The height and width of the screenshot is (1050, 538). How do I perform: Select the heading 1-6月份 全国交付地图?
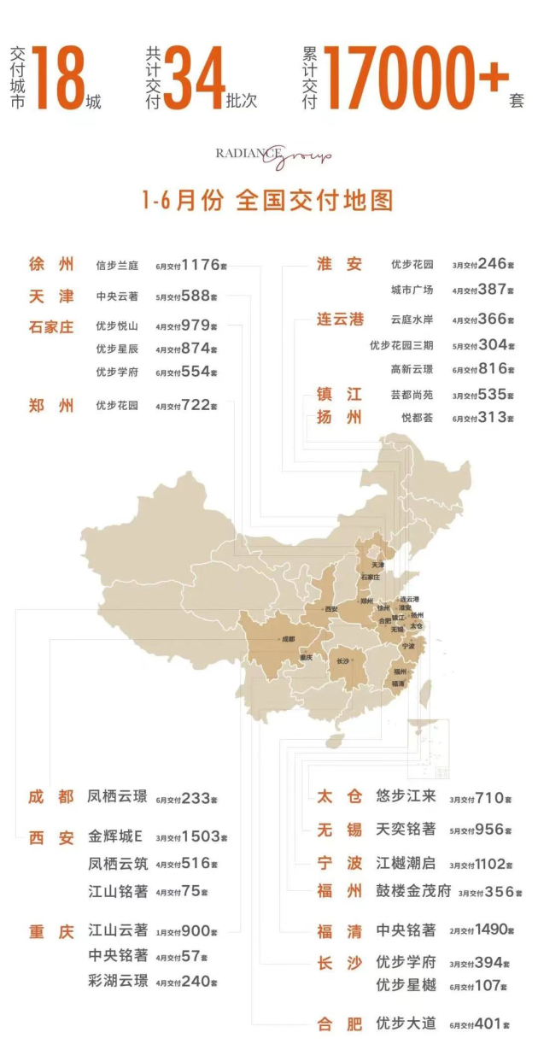[x=268, y=201]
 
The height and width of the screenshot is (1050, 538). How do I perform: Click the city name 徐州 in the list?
[x=51, y=265]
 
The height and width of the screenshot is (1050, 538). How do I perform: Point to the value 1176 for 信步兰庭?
[x=201, y=265]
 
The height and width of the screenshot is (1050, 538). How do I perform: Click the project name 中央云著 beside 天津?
[x=117, y=296]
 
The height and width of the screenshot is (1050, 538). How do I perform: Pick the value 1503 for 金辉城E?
[x=202, y=836]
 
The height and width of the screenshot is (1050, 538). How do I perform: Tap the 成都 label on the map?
[x=286, y=638]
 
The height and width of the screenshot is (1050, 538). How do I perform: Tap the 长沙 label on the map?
[x=343, y=660]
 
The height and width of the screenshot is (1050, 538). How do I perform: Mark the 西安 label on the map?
[x=331, y=609]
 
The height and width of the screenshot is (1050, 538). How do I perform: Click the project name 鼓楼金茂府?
[x=413, y=891]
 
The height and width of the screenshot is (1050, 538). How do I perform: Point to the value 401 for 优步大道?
[x=492, y=1023]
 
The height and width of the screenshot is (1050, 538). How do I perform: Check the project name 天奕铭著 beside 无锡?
[x=406, y=830]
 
